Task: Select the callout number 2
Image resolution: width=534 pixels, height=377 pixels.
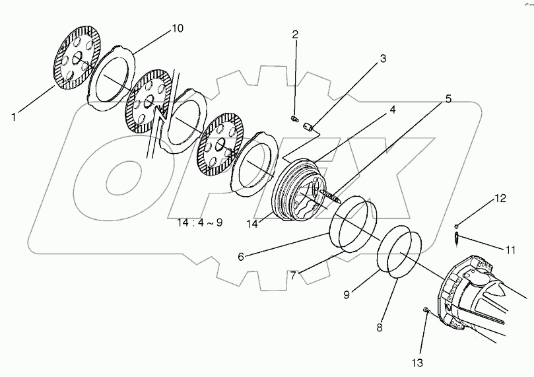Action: pyautogui.click(x=295, y=34)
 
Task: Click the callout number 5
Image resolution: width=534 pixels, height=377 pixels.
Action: pyautogui.click(x=448, y=99)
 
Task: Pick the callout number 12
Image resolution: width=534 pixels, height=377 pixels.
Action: pyautogui.click(x=500, y=197)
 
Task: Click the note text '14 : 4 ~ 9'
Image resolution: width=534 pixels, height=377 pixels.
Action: pyautogui.click(x=199, y=223)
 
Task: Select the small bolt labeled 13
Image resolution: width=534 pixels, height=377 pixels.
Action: pyautogui.click(x=426, y=311)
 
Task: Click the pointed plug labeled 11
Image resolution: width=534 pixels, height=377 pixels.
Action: pyautogui.click(x=458, y=238)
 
